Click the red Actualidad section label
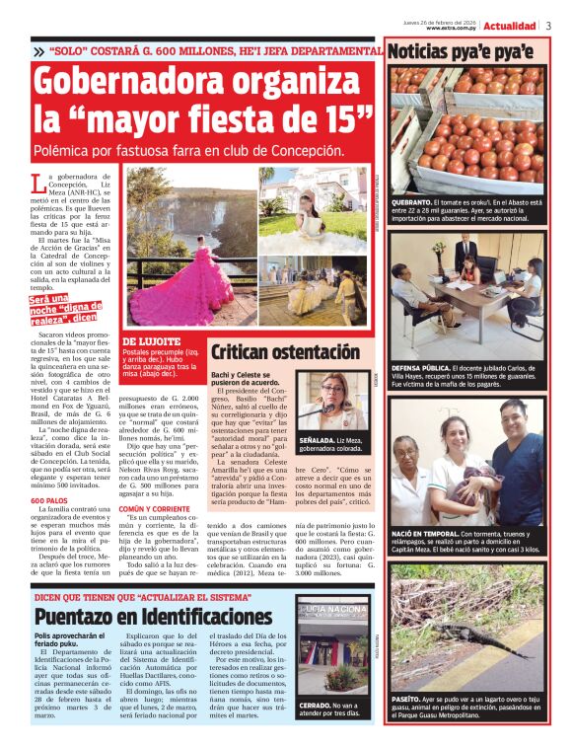(510, 26)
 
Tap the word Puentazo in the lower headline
(80, 618)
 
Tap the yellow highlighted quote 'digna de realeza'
(63, 311)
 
